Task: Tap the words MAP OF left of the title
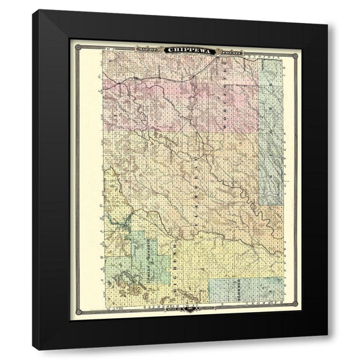[x=147, y=48]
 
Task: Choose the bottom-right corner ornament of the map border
[x=288, y=313]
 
